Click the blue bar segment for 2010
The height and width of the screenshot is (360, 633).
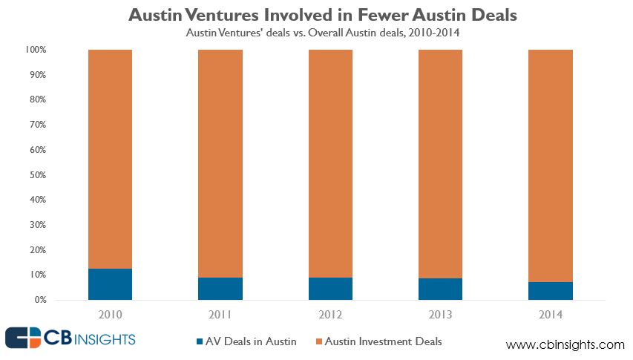coord(110,284)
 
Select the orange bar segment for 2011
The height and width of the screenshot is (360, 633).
coord(220,163)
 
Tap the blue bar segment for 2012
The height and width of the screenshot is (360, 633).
coord(330,289)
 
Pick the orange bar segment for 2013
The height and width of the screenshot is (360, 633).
coord(441,163)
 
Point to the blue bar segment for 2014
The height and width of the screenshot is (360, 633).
coord(550,291)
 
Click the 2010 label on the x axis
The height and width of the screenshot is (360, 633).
coord(110,315)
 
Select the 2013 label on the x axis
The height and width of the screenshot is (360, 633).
coord(441,315)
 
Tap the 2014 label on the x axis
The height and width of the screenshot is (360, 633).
coord(550,315)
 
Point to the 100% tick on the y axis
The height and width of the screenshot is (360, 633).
coord(36,50)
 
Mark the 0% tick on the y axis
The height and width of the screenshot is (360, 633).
coord(40,300)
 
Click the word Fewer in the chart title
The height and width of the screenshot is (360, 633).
coord(360,15)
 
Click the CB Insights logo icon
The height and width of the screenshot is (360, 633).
coord(24,338)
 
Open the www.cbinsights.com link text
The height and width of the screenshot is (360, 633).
coord(565,345)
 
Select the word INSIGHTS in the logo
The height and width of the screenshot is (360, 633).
coord(104,339)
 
